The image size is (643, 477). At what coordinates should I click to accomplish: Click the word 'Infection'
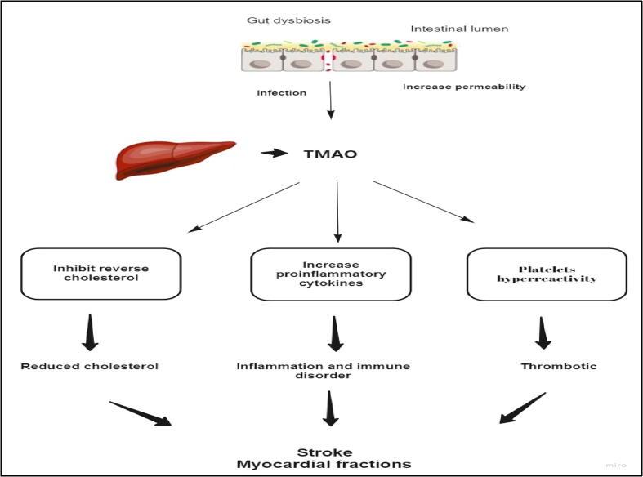pos(281,92)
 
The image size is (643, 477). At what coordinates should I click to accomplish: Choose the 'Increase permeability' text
pos(464,86)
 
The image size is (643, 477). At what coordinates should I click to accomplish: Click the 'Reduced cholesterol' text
pos(91,366)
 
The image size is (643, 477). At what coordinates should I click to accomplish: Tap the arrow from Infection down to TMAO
pos(330,101)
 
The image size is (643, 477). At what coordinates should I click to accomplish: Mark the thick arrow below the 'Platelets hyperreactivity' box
pos(543,332)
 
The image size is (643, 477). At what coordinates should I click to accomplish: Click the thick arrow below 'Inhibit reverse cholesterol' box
pos(91,333)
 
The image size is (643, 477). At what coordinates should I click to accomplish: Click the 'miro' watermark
pos(616,464)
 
